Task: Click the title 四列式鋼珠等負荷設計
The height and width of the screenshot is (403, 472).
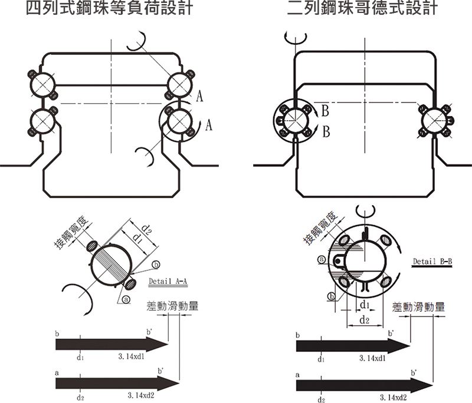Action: click(x=109, y=8)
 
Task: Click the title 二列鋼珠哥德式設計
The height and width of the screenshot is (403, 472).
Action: click(x=362, y=8)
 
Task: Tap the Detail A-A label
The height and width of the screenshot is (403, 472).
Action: click(x=168, y=282)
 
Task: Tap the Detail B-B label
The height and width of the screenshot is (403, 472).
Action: click(x=432, y=262)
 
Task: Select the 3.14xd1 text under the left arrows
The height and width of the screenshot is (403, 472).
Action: click(x=131, y=356)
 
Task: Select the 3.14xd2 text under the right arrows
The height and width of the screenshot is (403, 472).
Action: click(x=393, y=398)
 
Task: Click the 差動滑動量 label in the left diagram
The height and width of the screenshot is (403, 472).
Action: click(x=172, y=306)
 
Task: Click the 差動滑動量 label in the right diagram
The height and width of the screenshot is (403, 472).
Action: click(x=418, y=307)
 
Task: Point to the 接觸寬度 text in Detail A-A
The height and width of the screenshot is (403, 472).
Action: click(x=71, y=232)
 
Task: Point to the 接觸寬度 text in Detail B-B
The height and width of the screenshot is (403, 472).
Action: click(x=320, y=229)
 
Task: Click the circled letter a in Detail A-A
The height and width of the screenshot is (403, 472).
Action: click(x=126, y=299)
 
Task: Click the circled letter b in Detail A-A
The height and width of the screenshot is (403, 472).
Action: click(x=156, y=265)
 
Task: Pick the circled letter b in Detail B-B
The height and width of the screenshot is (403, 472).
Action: click(x=331, y=297)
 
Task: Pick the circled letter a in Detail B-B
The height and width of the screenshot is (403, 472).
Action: click(x=322, y=259)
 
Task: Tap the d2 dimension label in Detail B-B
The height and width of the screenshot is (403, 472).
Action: click(x=365, y=321)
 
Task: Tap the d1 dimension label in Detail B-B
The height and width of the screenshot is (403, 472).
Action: click(x=365, y=305)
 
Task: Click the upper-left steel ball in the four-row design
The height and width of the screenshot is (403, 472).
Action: click(x=42, y=85)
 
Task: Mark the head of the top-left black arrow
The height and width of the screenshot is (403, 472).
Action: click(x=157, y=345)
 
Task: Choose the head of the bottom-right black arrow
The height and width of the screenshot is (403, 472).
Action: click(x=422, y=385)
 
